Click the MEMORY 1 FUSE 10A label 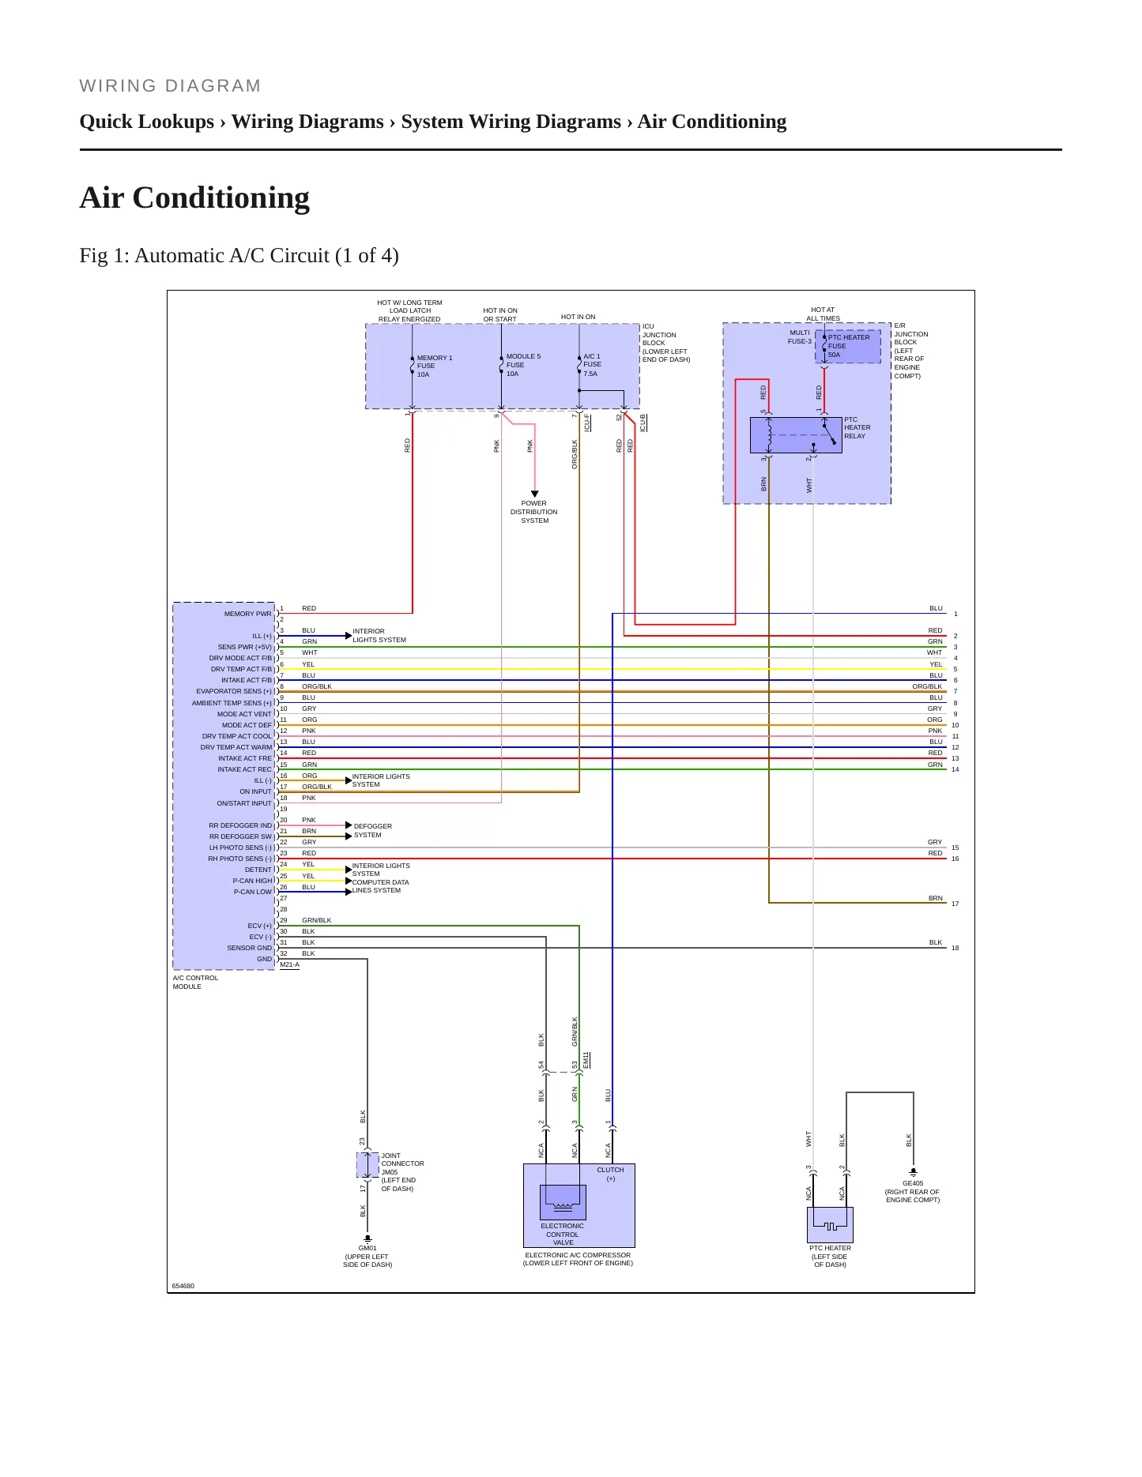click(x=435, y=366)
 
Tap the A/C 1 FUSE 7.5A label click(x=592, y=365)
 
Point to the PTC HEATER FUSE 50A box click(x=848, y=347)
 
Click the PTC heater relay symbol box click(x=796, y=435)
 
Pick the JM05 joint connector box click(x=367, y=1164)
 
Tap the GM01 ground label click(x=367, y=1248)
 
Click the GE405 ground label click(x=913, y=1183)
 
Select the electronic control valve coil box click(x=563, y=1202)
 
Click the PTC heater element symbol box click(x=830, y=1225)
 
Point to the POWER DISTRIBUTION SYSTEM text click(x=534, y=512)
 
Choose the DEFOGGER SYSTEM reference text click(x=373, y=830)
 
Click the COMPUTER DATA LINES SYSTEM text click(x=381, y=886)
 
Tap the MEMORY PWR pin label click(x=247, y=614)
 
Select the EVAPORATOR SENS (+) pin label click(x=234, y=691)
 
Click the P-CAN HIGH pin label click(x=252, y=881)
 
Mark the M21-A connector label click(x=289, y=964)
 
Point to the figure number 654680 click(x=183, y=1286)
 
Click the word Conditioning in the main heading click(x=221, y=197)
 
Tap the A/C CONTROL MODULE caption click(x=195, y=982)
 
